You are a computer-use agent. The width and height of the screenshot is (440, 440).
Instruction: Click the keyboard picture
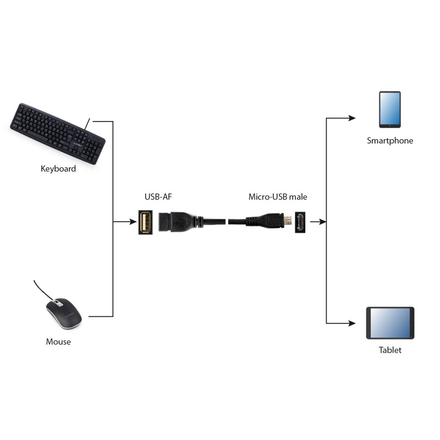pos(58,133)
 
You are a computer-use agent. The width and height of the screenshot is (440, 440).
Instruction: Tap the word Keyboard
pos(58,169)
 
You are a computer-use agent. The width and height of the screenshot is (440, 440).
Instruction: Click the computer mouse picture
pos(63,313)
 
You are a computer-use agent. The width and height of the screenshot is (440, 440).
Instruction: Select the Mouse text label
pos(58,342)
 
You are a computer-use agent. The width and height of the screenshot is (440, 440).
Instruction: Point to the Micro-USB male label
pos(278,196)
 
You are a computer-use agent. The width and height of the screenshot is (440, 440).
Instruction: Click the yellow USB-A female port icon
pos(145,222)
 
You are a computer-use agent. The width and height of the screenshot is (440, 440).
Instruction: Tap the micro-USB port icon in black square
pos(301,222)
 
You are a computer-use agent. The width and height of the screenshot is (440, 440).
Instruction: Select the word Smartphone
pos(389,141)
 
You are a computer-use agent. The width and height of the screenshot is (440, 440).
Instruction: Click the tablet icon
pos(390,323)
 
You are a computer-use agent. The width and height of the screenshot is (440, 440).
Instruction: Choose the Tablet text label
pos(390,350)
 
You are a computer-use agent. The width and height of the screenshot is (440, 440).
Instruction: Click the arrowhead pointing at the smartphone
pos(352,118)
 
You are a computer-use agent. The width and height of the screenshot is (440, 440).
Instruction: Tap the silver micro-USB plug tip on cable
pos(287,222)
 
